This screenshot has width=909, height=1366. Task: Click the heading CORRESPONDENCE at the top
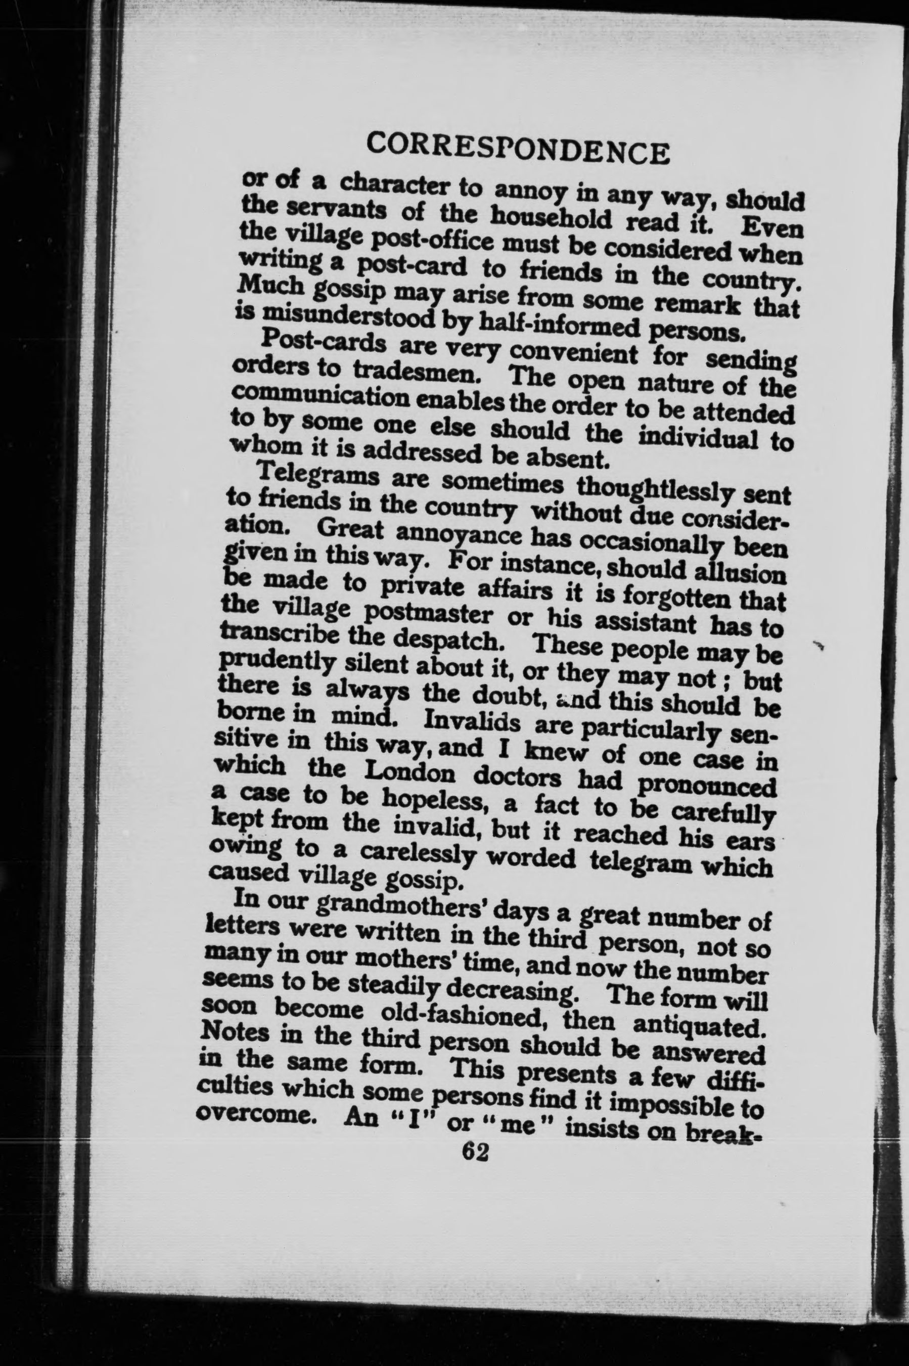518,150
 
